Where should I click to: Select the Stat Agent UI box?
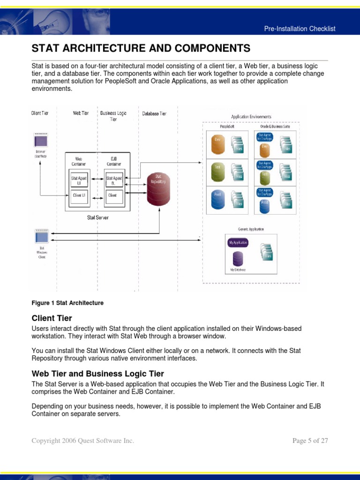click(79, 180)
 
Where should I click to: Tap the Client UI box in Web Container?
click(79, 195)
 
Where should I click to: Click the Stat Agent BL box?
click(113, 180)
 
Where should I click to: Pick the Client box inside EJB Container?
click(113, 195)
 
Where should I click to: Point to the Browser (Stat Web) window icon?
click(40, 140)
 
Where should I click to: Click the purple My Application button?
click(238, 243)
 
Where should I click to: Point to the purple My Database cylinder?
click(238, 259)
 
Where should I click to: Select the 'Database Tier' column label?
click(154, 113)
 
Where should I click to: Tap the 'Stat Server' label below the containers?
click(97, 217)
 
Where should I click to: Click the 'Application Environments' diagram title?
click(251, 117)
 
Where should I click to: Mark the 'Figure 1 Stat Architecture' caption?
click(67, 303)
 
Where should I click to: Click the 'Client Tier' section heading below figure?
click(52, 318)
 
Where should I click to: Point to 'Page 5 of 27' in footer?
click(310, 441)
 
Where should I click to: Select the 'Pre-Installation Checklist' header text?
click(300, 29)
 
